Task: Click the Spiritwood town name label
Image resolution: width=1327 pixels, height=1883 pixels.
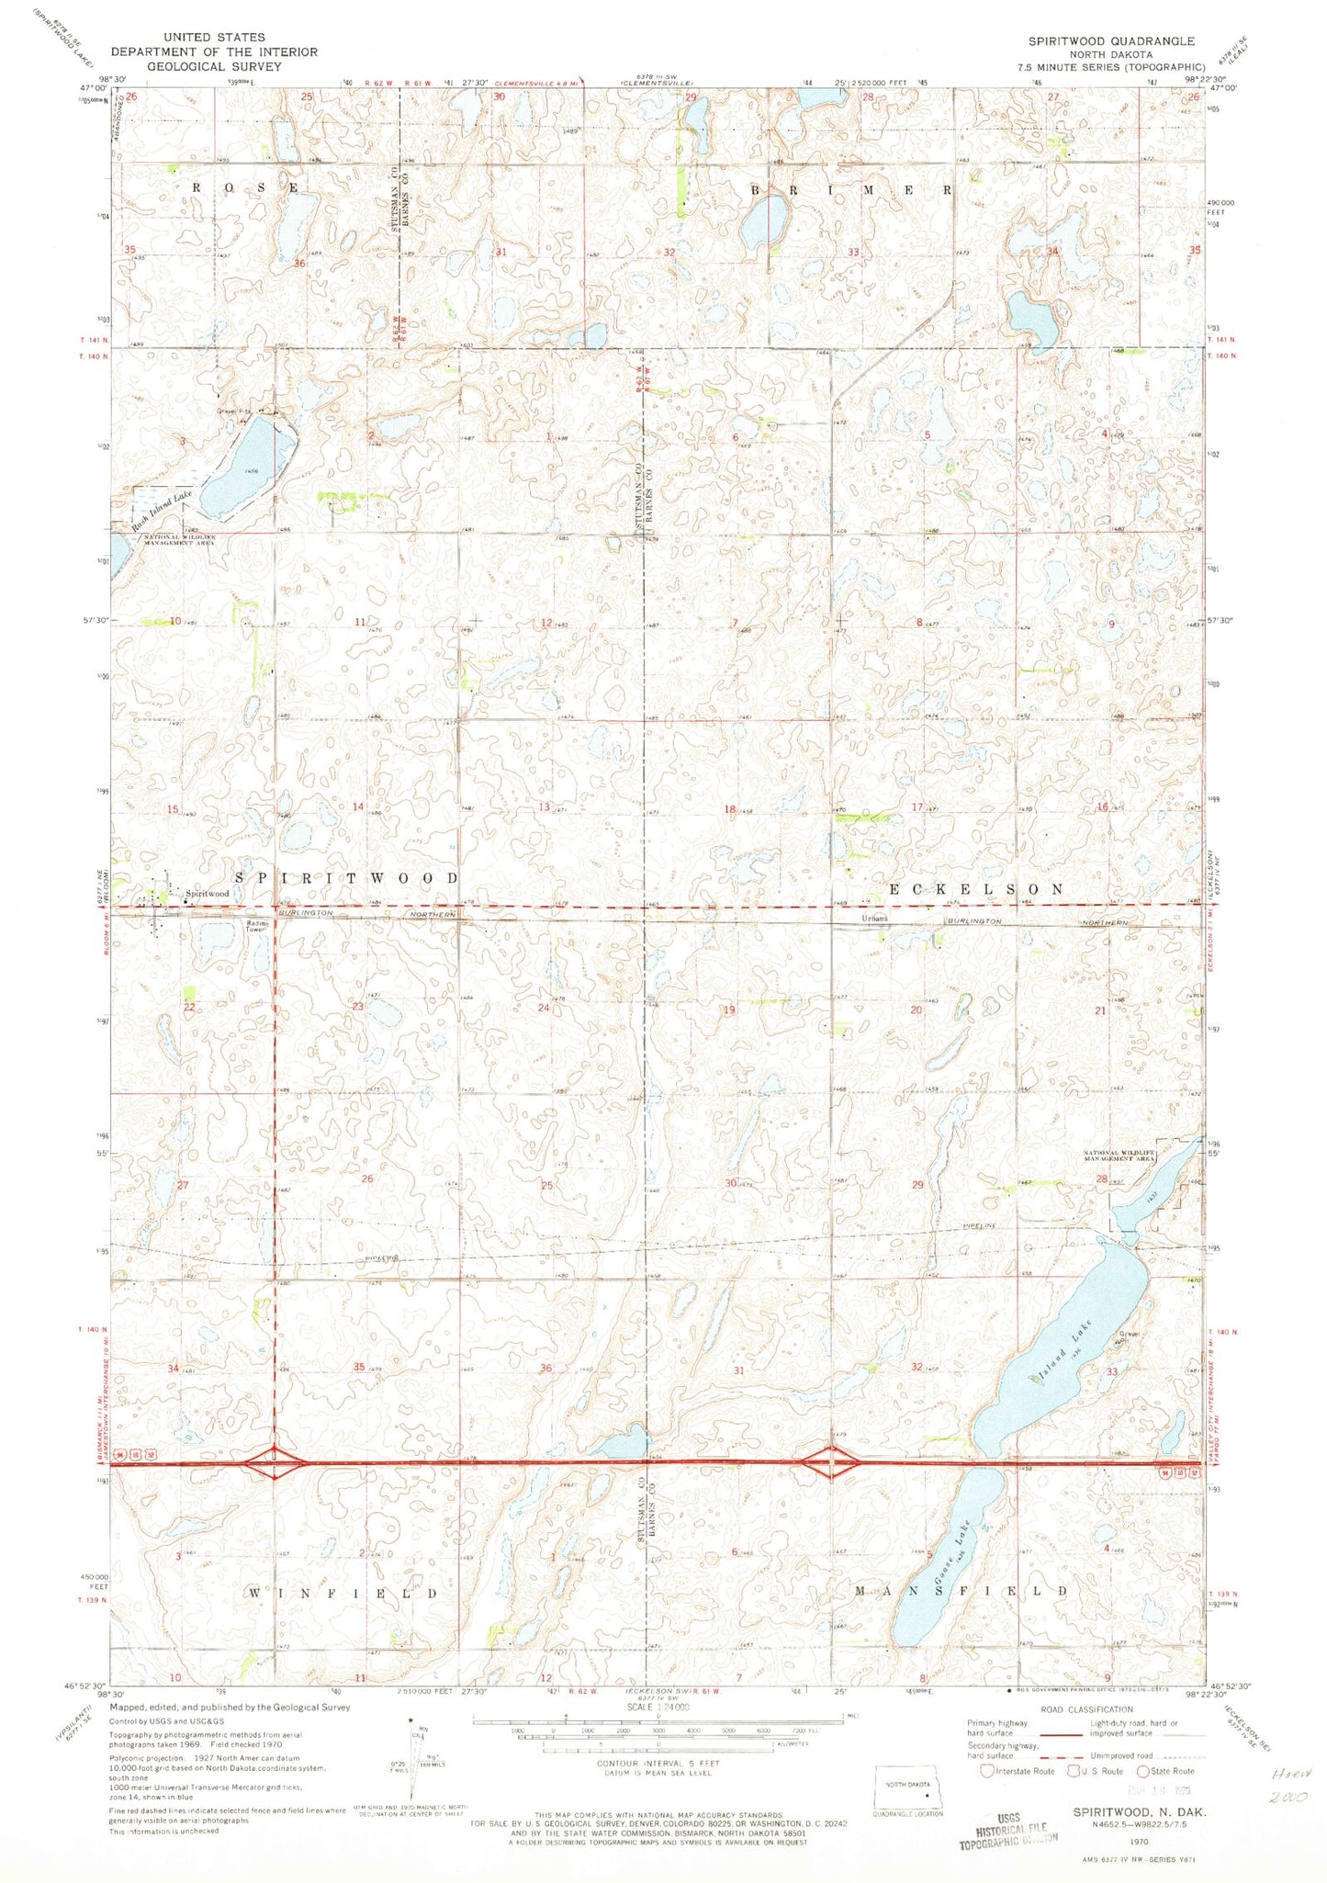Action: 207,893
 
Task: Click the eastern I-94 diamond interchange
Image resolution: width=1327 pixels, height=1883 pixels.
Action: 831,1460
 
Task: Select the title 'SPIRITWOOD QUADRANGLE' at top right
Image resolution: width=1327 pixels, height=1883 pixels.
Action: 1111,41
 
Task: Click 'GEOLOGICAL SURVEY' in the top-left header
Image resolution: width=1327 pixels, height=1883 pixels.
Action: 214,66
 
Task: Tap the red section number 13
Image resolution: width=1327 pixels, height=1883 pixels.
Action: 544,807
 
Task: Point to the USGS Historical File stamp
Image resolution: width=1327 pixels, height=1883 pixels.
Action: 1009,1831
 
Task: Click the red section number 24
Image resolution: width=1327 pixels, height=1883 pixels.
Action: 544,1008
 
